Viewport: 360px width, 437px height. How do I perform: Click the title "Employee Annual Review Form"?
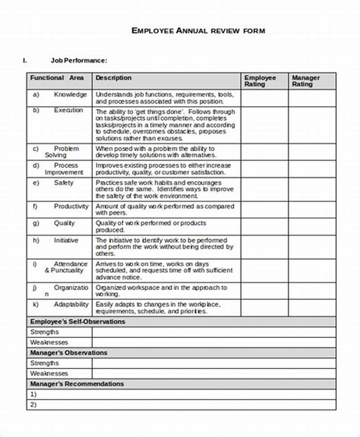click(x=198, y=31)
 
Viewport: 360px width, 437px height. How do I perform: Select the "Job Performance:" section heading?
click(x=78, y=60)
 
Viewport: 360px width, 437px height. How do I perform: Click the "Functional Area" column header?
click(x=57, y=78)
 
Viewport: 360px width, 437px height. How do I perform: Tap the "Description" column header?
click(x=113, y=78)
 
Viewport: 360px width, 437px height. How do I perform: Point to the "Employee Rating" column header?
click(x=260, y=81)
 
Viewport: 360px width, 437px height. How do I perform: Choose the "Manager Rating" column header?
click(x=306, y=81)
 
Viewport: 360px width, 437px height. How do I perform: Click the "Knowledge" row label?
click(x=70, y=94)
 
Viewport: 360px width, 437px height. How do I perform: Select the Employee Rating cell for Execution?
click(x=264, y=125)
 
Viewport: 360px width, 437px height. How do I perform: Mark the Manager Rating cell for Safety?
click(x=312, y=190)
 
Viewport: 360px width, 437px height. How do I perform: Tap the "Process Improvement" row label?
click(x=64, y=169)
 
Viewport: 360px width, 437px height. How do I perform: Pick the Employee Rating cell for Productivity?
click(x=264, y=210)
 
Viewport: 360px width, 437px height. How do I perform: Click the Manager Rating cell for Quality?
click(x=312, y=227)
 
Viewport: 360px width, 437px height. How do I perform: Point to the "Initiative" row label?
click(x=66, y=241)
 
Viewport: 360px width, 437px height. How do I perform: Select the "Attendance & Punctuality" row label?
click(x=66, y=267)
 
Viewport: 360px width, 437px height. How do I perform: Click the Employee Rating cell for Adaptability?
click(x=264, y=308)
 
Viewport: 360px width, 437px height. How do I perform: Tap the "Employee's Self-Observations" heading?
click(x=77, y=322)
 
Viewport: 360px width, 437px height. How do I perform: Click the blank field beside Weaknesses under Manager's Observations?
click(x=214, y=374)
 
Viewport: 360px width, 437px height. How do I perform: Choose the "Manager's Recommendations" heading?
click(x=76, y=384)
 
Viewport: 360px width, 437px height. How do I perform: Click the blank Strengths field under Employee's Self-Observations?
click(x=214, y=332)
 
